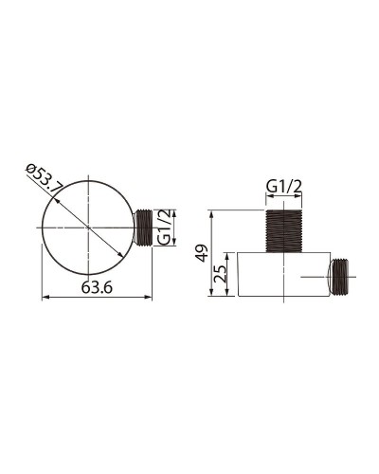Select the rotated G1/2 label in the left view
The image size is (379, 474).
tap(164, 227)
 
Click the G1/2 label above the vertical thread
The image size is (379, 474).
tap(283, 188)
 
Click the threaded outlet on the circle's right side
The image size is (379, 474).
tap(143, 228)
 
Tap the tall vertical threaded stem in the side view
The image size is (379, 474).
tap(283, 230)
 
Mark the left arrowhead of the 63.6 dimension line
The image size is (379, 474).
tap(45, 299)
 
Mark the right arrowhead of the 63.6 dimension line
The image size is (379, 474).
tap(150, 299)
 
